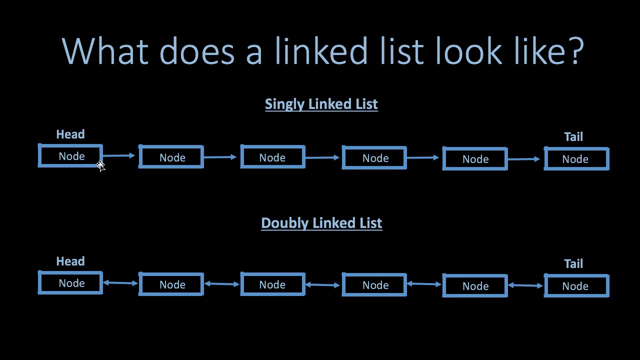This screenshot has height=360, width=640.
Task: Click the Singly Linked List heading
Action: click(321, 104)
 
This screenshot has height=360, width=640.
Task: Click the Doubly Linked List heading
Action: click(321, 223)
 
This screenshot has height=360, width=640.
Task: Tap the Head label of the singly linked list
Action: click(70, 134)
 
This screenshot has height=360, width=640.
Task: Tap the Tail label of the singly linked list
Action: click(573, 137)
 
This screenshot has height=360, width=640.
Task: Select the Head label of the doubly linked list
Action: click(70, 261)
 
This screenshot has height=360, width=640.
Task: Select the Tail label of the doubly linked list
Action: click(573, 263)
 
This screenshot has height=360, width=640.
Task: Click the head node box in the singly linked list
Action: click(70, 145)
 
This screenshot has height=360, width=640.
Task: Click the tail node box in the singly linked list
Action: click(576, 148)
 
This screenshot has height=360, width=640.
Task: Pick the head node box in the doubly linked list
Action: click(70, 272)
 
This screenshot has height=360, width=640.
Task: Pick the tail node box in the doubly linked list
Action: click(576, 275)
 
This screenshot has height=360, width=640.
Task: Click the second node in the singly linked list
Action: click(171, 146)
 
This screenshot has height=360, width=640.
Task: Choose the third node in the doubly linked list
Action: click(273, 273)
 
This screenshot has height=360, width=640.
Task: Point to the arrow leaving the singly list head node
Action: click(119, 155)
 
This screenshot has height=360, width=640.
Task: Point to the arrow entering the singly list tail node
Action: click(524, 159)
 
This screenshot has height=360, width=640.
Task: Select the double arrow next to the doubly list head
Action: click(120, 283)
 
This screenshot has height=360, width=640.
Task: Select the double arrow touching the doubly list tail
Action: click(525, 285)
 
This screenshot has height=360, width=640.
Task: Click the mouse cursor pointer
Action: click(100, 166)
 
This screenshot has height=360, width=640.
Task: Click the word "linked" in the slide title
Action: click(321, 50)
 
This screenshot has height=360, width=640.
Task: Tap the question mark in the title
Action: click(575, 50)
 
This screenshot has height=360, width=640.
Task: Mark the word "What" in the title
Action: click(105, 50)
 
